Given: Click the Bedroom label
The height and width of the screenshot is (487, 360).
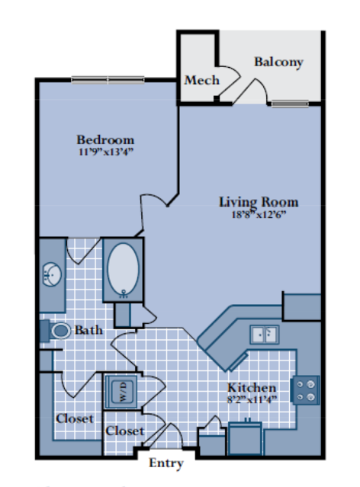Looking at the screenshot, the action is (x=105, y=139).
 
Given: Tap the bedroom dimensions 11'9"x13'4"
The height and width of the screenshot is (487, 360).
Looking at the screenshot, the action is (x=106, y=152).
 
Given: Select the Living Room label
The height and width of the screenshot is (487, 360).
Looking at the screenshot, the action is (x=259, y=202).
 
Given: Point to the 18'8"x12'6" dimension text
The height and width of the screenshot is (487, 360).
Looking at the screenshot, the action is (x=259, y=215).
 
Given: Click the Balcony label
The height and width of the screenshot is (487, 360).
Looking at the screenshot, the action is (x=278, y=62).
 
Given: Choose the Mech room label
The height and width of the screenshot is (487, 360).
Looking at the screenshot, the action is (x=202, y=81).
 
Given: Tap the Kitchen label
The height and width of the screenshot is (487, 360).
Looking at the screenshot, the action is (x=252, y=388).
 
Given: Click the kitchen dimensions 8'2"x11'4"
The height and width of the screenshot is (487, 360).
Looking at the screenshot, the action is (x=252, y=399).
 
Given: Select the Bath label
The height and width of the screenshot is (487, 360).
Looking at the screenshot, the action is (x=88, y=330).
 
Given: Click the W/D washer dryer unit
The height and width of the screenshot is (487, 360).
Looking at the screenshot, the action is (x=121, y=392).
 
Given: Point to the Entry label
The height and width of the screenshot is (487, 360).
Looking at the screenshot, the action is (x=166, y=463).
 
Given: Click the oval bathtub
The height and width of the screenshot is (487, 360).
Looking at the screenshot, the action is (x=123, y=270).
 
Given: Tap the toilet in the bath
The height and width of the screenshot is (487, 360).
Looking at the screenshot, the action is (x=56, y=331).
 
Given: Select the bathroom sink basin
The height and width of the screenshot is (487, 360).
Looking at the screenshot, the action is (x=52, y=274).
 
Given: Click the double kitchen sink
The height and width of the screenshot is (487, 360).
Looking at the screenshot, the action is (x=265, y=335).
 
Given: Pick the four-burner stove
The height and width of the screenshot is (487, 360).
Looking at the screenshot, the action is (x=305, y=390).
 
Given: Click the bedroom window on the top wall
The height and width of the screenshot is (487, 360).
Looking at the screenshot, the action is (x=108, y=80).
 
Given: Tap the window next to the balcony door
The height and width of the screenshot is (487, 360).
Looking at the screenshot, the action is (x=290, y=104).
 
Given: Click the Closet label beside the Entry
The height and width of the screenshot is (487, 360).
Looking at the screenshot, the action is (x=124, y=431).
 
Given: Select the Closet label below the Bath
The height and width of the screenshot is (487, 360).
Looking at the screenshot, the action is (x=75, y=418).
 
